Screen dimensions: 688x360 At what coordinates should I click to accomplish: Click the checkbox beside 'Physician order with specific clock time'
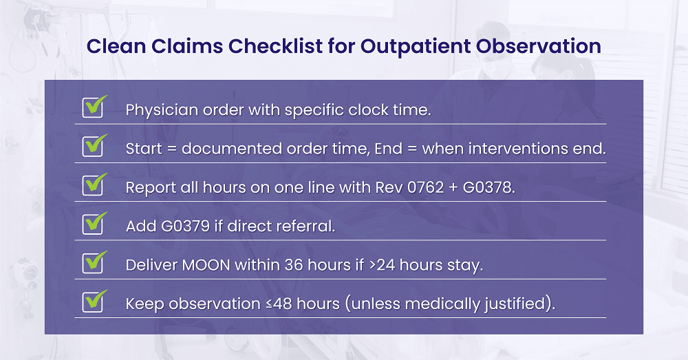(93, 107)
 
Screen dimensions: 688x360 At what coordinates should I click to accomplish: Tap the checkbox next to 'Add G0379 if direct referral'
(93, 224)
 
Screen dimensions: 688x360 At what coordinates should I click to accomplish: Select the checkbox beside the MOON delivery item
(93, 262)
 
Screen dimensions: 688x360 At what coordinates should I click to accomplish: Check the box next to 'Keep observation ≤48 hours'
(93, 301)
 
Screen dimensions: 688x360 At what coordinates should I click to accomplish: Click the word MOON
(206, 265)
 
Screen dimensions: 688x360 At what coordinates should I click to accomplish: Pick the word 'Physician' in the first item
(162, 109)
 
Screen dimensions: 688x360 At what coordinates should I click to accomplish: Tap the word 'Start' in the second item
(144, 149)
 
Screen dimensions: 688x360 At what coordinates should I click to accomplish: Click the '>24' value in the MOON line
(382, 265)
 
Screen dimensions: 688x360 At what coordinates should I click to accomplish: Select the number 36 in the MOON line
(294, 265)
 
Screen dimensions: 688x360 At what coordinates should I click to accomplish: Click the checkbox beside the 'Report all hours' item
(93, 185)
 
